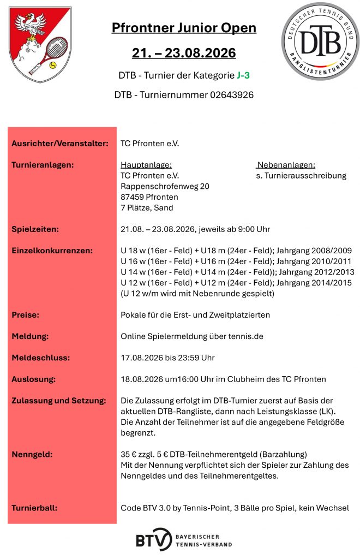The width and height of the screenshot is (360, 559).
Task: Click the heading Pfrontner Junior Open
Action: pos(184,28)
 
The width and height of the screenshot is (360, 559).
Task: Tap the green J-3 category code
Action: pos(244,75)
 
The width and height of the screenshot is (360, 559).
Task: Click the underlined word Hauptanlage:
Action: pos(146,165)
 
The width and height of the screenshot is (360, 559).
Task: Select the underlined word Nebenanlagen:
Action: pos(286,165)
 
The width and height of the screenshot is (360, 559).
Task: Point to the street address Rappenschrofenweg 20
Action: pos(165,186)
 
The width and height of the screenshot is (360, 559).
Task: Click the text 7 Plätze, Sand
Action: pos(147,207)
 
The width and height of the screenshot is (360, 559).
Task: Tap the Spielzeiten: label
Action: pos(35,229)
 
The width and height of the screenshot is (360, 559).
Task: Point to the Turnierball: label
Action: pos(34,508)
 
